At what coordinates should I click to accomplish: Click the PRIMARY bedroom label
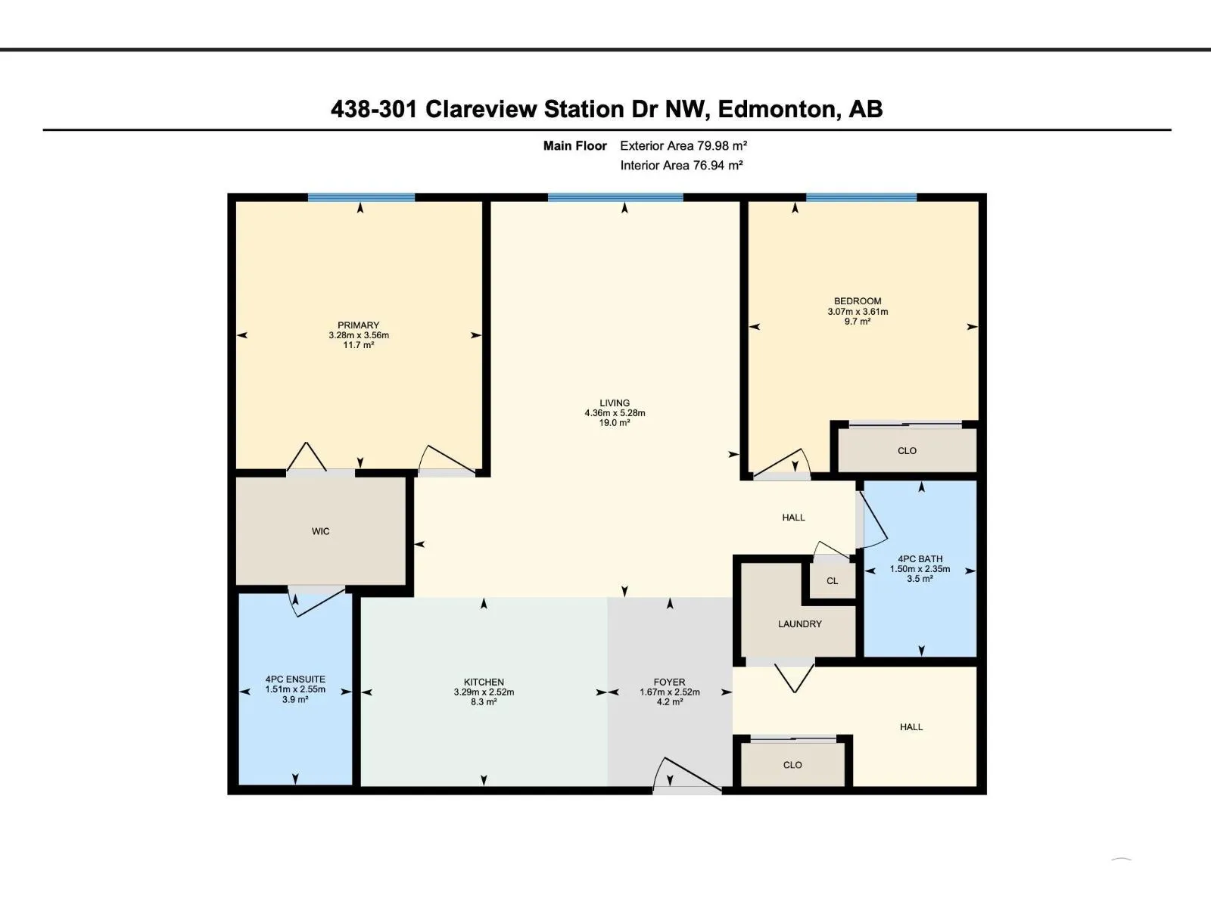(x=359, y=325)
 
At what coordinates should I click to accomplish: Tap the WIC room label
(x=321, y=531)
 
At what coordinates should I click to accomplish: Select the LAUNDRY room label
(x=800, y=624)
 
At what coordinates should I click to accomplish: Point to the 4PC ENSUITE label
(x=295, y=679)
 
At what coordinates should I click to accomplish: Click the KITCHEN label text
(x=484, y=682)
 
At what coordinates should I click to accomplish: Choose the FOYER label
(x=669, y=682)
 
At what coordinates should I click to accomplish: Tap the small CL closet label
(x=833, y=581)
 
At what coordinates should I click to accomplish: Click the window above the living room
(x=615, y=197)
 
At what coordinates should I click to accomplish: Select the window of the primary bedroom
(x=361, y=197)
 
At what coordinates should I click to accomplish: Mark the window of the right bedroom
(x=861, y=197)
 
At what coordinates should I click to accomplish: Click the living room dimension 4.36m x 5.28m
(x=615, y=413)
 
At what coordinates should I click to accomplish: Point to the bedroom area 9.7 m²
(x=858, y=322)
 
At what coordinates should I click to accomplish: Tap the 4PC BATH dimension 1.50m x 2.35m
(x=920, y=569)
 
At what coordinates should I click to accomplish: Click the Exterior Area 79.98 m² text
(x=683, y=145)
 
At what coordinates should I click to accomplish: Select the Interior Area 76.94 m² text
(x=681, y=166)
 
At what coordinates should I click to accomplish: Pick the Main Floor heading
(x=575, y=145)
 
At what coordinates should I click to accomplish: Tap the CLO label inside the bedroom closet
(x=907, y=451)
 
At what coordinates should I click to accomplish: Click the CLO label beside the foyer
(x=792, y=765)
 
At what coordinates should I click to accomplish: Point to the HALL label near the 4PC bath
(x=793, y=518)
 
